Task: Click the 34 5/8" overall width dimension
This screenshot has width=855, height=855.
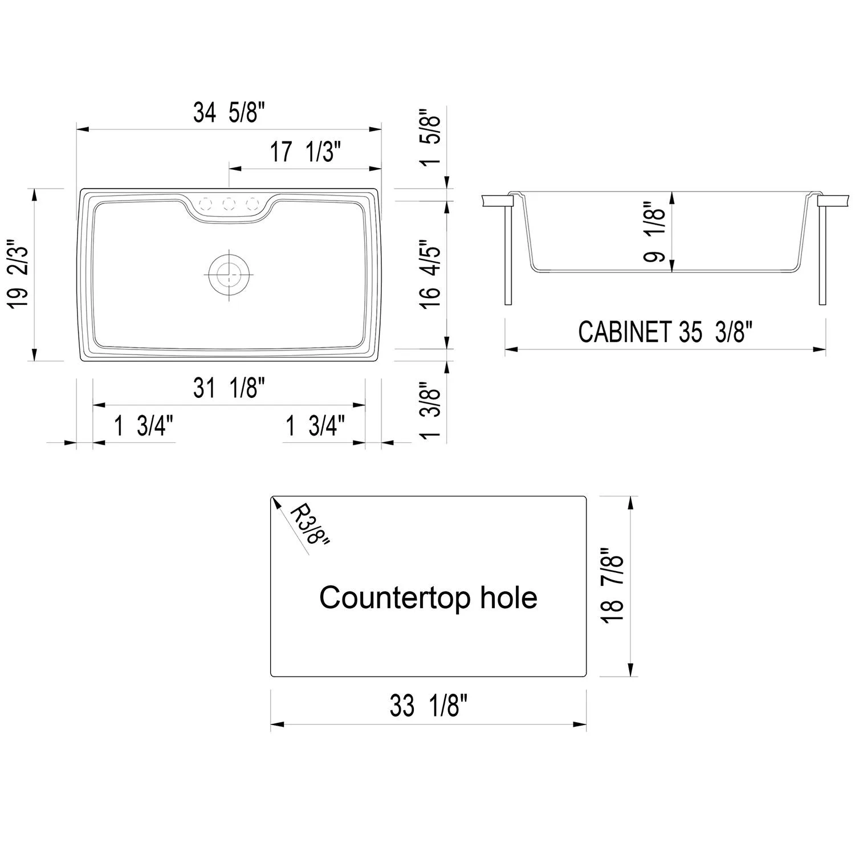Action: (230, 112)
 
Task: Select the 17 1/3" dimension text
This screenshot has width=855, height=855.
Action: (305, 152)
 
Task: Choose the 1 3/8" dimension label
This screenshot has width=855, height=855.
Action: (431, 409)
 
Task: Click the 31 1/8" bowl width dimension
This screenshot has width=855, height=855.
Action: (230, 389)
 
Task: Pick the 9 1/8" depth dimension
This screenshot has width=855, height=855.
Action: (655, 232)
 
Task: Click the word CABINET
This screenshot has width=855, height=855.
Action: (625, 332)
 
